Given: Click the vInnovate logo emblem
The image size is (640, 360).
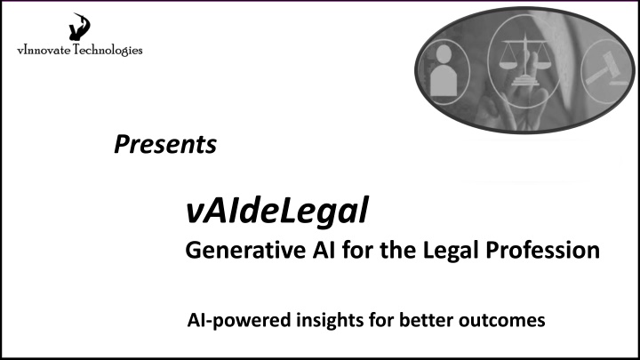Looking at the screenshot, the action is click(79, 27).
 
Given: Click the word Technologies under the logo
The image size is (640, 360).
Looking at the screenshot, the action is click(108, 50).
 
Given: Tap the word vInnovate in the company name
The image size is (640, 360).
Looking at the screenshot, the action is click(44, 51).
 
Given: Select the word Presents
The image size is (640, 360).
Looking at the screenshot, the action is click(165, 144).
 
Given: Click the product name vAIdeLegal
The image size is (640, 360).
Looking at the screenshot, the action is click(277, 211).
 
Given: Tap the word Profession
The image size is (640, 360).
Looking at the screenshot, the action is click(542, 250).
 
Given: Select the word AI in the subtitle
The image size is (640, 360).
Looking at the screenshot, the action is click(324, 250).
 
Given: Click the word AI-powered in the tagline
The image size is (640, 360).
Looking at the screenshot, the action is click(239, 320).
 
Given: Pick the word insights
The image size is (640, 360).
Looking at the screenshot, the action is click(330, 320).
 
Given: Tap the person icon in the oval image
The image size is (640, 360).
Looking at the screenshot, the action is click(444, 70).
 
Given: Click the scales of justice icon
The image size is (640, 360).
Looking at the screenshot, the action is click(525, 61).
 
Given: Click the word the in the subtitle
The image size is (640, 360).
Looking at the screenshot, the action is click(398, 250).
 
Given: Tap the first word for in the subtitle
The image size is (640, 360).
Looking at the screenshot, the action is click(357, 250).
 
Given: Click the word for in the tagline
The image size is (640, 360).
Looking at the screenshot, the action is click(381, 320).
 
